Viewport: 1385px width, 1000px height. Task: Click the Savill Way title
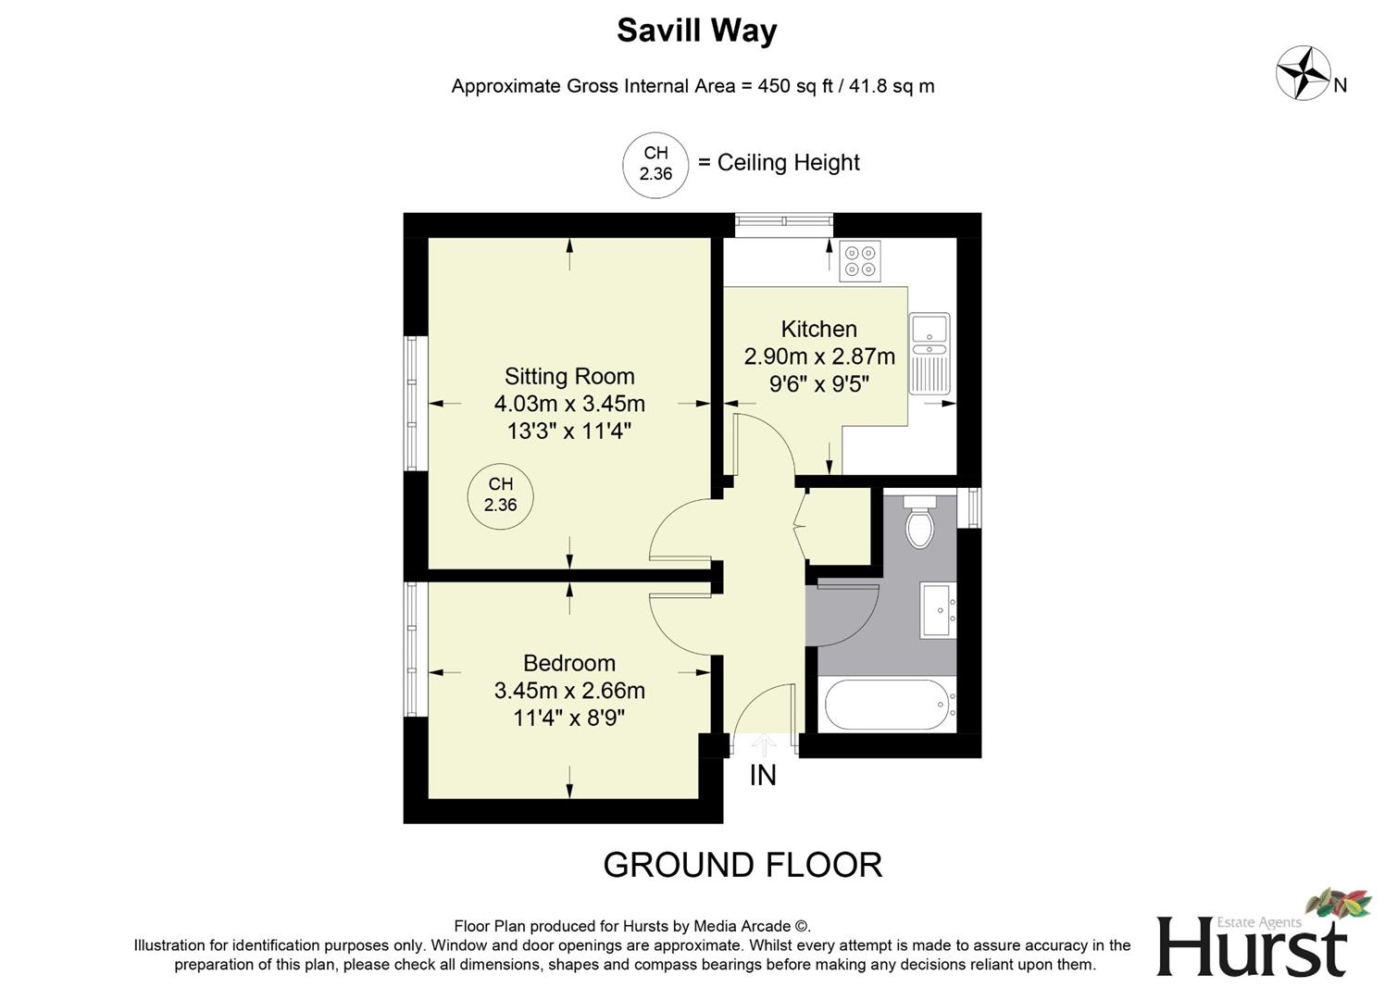pos(696,31)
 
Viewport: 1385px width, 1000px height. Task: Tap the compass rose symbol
pos(1304,73)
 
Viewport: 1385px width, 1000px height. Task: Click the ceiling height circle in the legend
pos(655,165)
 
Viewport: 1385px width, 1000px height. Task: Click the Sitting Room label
pos(569,376)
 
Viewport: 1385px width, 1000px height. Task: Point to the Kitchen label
pos(818,329)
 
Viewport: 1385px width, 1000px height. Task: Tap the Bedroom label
pos(569,663)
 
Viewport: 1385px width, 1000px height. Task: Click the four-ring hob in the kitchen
pos(859,260)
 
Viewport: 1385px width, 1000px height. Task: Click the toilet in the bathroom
pos(919,522)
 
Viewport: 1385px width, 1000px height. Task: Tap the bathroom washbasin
pos(938,610)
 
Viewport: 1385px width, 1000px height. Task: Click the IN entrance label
pos(763,776)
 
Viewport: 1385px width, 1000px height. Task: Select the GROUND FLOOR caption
pos(742,865)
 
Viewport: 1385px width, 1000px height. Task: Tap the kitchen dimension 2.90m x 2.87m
pos(819,356)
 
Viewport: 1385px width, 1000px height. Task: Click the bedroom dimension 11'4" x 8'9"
pos(569,718)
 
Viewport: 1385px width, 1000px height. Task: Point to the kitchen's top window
pos(784,220)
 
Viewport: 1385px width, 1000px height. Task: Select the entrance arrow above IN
pos(764,744)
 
